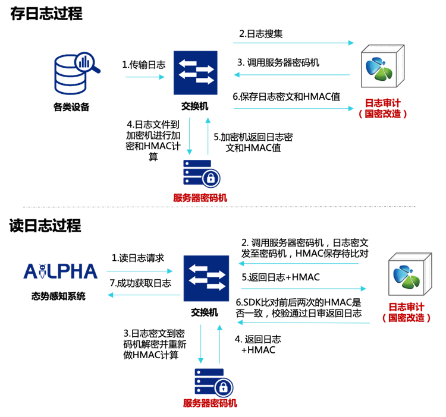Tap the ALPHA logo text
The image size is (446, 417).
[61, 271]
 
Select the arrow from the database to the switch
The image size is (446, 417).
[144, 77]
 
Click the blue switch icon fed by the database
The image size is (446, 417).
[195, 72]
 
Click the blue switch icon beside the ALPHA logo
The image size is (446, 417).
[206, 278]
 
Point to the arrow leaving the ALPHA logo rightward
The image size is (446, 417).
[139, 271]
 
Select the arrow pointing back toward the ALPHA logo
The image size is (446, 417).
[144, 295]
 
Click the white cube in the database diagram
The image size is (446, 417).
[382, 67]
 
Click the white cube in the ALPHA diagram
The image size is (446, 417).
[409, 275]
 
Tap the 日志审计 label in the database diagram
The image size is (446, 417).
[382, 103]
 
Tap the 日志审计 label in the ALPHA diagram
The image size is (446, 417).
[406, 307]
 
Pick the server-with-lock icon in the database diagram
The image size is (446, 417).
[202, 173]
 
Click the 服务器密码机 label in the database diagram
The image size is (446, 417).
[200, 198]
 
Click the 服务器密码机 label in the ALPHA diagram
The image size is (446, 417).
[210, 403]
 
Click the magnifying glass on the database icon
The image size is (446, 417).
[86, 62]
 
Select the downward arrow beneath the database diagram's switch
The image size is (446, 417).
[190, 136]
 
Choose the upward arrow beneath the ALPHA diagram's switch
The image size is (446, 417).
[219, 344]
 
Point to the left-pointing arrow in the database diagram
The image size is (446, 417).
[292, 75]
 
